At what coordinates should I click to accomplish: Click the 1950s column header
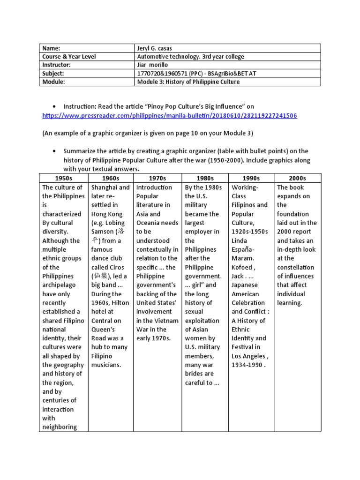coord(64,178)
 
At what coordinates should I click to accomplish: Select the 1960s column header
coord(111,178)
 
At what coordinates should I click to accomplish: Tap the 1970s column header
coord(157,178)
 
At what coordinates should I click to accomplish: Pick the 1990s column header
coord(251,178)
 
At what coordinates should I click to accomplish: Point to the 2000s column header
coord(298,178)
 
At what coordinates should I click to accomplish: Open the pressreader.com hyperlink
coord(169,116)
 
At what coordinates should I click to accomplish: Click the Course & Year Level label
coord(69,57)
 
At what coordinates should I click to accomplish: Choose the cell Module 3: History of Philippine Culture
coord(188,82)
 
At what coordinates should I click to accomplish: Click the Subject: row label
coord(53,74)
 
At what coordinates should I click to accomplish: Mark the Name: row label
coord(52,48)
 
